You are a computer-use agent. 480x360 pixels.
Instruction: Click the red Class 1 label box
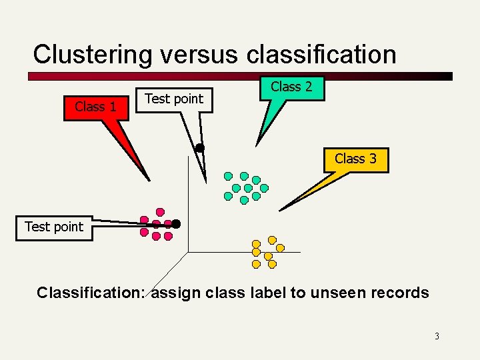click(x=95, y=107)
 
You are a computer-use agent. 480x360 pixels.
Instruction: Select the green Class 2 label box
click(x=291, y=87)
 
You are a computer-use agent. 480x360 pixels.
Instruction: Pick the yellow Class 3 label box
click(x=355, y=159)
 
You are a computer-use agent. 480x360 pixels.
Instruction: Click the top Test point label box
click(x=174, y=99)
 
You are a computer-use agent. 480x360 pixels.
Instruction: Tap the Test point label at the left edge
click(x=54, y=227)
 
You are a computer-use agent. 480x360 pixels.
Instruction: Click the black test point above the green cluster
click(x=199, y=147)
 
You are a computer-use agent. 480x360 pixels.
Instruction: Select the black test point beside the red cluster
click(x=176, y=223)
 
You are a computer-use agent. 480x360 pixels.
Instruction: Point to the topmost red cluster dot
click(x=160, y=212)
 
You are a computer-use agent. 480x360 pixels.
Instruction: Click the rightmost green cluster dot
click(x=264, y=188)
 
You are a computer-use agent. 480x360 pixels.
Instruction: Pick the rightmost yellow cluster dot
click(x=280, y=247)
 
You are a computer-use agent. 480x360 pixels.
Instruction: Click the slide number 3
click(x=437, y=336)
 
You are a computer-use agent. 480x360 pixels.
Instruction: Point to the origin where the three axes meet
click(x=188, y=252)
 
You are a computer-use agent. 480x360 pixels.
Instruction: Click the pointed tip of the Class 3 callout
click(x=280, y=211)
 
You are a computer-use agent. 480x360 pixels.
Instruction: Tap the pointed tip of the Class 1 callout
click(x=150, y=180)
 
